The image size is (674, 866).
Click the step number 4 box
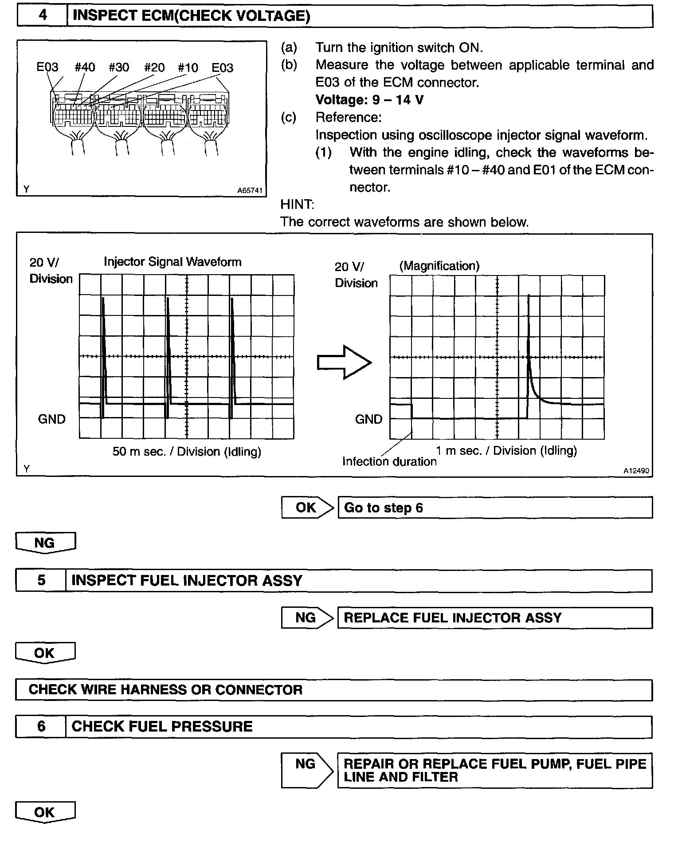click(42, 16)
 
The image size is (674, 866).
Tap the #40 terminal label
click(85, 67)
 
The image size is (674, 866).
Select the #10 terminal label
click(188, 67)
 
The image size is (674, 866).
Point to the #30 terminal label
click(119, 67)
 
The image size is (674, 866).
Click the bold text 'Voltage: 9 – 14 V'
click(369, 100)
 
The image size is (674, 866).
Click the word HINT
click(297, 205)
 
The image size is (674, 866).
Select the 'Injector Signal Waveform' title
click(172, 262)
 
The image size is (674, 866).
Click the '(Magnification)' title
click(439, 266)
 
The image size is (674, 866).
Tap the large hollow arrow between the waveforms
click(344, 362)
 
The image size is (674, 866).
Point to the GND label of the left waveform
click(51, 419)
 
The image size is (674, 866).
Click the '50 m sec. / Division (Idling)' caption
click(187, 452)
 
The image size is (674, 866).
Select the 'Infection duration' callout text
click(389, 462)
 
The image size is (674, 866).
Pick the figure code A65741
click(250, 191)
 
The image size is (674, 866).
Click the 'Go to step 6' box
click(495, 508)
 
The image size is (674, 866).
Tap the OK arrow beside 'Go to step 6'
click(307, 508)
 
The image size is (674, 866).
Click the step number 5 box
click(41, 581)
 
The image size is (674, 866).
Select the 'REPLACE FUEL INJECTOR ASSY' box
click(495, 618)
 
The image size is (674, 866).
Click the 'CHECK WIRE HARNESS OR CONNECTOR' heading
click(165, 690)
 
